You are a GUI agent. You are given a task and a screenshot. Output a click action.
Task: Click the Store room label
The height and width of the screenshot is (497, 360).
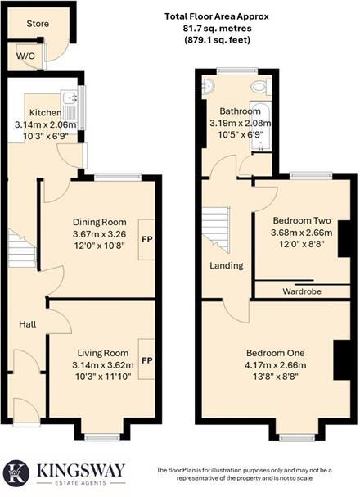point(38,24)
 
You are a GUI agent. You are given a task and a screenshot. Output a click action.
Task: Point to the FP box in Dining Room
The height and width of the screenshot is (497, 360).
point(147,240)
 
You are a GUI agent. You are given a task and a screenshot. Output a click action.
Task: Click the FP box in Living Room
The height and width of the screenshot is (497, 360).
point(147,359)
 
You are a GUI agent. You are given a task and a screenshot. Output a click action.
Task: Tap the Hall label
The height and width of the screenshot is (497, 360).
point(28,325)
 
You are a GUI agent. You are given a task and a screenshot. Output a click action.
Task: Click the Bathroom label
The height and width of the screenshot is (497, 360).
point(240,111)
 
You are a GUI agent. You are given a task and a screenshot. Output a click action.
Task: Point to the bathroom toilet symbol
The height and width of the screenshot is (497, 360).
point(261,86)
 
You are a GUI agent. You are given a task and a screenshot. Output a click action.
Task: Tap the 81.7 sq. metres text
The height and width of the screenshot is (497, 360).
point(216,27)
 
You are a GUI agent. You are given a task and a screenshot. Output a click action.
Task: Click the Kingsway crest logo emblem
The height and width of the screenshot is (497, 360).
point(17,472)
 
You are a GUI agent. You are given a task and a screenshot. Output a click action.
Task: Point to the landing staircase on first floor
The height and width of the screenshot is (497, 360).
point(218,228)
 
